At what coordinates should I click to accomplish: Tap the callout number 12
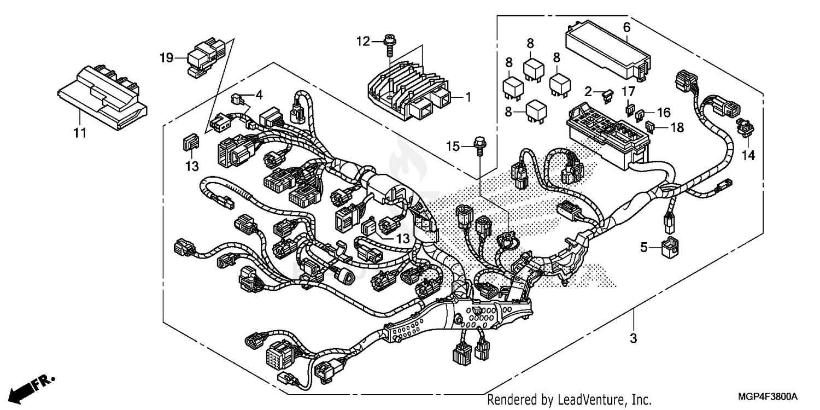point(364,41)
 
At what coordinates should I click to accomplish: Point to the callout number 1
point(468,97)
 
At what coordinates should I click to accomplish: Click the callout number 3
point(633,338)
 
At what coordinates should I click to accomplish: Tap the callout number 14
point(748,156)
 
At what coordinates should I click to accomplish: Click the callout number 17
point(628,91)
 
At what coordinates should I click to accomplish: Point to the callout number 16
point(663,113)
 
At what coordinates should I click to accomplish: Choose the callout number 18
point(677,127)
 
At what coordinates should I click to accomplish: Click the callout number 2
point(588,91)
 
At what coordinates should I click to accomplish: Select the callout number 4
point(259,94)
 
